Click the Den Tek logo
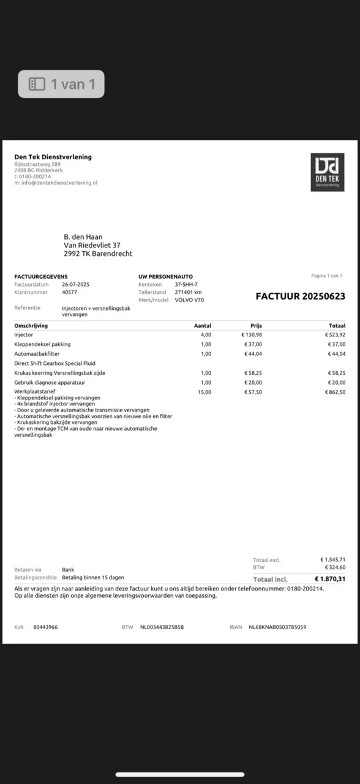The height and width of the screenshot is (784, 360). tap(327, 172)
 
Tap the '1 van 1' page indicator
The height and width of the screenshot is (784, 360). tap(61, 84)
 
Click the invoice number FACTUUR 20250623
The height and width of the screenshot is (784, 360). tap(300, 296)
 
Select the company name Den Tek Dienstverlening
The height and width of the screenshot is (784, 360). tap(53, 157)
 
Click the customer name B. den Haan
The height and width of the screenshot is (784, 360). tap(83, 237)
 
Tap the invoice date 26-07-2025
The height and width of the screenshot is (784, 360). tap(75, 285)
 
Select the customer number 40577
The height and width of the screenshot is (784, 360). tap(69, 292)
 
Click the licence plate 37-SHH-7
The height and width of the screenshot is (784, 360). tap(186, 285)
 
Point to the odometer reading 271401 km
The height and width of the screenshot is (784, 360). tap(188, 292)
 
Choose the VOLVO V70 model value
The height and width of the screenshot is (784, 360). tap(189, 300)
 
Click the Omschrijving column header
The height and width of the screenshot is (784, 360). tap(31, 326)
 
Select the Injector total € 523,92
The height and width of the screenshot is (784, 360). tap(334, 335)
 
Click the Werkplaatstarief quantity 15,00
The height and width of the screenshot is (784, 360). tap(204, 392)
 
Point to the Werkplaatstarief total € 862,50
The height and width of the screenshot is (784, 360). tap(334, 392)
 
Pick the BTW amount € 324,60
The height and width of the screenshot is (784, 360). tap(334, 567)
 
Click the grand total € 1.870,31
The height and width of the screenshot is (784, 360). tap(329, 579)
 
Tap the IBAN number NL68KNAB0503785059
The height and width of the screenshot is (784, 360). tap(277, 627)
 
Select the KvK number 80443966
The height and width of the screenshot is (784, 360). tap(45, 627)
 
